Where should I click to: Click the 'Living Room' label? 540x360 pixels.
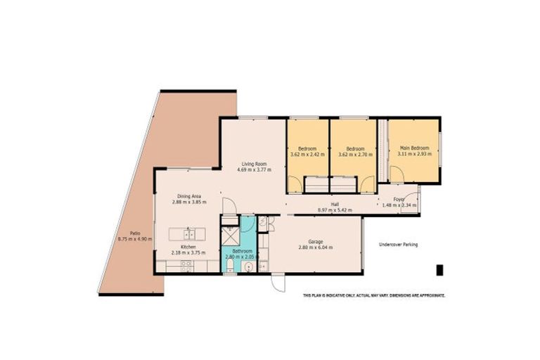pos(252,162)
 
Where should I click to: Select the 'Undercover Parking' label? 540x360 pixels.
pos(398,245)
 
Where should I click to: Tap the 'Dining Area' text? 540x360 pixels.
pos(190,195)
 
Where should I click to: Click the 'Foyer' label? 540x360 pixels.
pos(398,199)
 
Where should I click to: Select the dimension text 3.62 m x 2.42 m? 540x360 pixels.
pos(307,155)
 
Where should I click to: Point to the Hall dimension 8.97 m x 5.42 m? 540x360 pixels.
pos(335,210)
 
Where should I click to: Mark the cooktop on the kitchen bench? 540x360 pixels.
pos(187,266)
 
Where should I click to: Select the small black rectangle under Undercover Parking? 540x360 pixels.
pos(439,270)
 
